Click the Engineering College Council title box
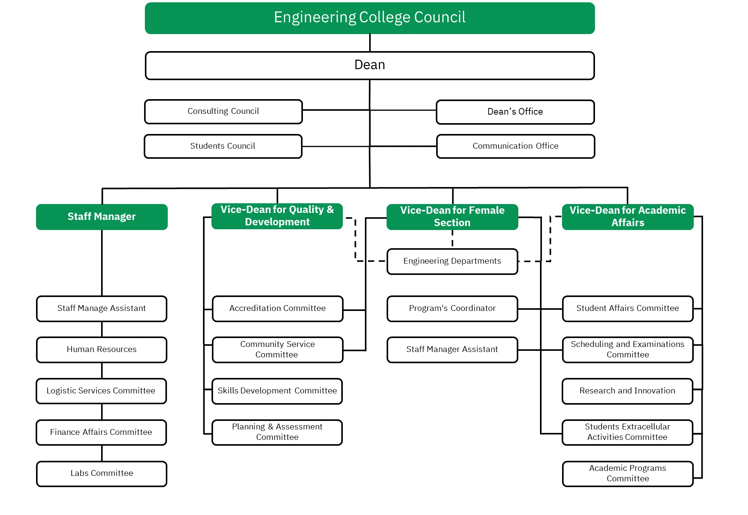pyautogui.click(x=370, y=18)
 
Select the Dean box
pyautogui.click(x=370, y=65)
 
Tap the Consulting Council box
pyautogui.click(x=223, y=112)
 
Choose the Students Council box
pyautogui.click(x=223, y=146)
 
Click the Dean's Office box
pyautogui.click(x=515, y=112)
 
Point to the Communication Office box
pyautogui.click(x=515, y=146)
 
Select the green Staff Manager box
pyautogui.click(x=101, y=216)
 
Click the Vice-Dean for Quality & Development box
pyautogui.click(x=277, y=216)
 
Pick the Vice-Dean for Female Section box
pyautogui.click(x=452, y=216)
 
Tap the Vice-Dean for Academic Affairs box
pyautogui.click(x=628, y=216)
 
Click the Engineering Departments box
pyautogui.click(x=452, y=261)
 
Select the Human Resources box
pyautogui.click(x=101, y=349)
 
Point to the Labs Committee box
pyautogui.click(x=101, y=473)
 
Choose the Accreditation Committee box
pyautogui.click(x=277, y=308)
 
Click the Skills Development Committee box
pyautogui.click(x=277, y=391)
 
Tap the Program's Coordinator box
pyautogui.click(x=452, y=308)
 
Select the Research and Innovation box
pyautogui.click(x=627, y=391)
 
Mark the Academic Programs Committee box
pyautogui.click(x=628, y=473)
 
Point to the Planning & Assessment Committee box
pyautogui.click(x=277, y=432)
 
